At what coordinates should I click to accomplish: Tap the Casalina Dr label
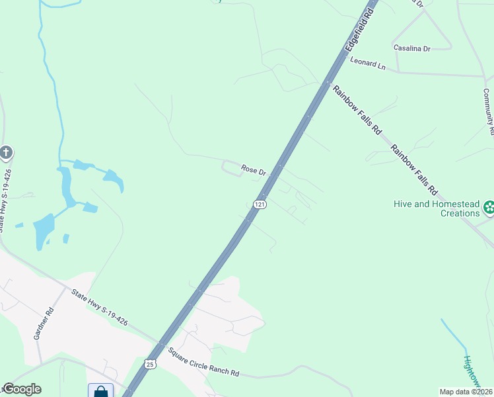point(411,48)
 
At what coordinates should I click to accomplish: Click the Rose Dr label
point(253,170)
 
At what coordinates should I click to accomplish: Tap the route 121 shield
point(260,204)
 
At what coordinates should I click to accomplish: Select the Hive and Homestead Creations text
point(437,208)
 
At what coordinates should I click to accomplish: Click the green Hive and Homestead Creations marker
point(489,208)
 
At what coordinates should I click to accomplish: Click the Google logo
point(22,389)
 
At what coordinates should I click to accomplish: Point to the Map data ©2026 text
point(465,392)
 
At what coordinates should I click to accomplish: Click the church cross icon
point(6,154)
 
